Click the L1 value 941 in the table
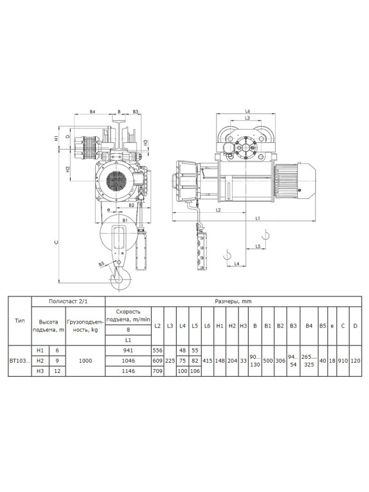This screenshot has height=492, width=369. [128, 351]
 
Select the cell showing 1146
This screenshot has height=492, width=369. [128, 371]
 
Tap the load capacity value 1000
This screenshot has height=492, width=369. [85, 361]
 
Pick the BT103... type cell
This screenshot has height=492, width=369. [20, 361]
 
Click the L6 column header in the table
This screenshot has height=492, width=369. [207, 325]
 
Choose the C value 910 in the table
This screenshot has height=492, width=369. [343, 361]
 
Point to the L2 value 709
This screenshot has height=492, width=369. [157, 371]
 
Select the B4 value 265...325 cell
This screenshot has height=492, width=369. [309, 361]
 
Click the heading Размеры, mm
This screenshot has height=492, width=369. [233, 302]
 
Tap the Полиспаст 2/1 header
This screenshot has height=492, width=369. [68, 302]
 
